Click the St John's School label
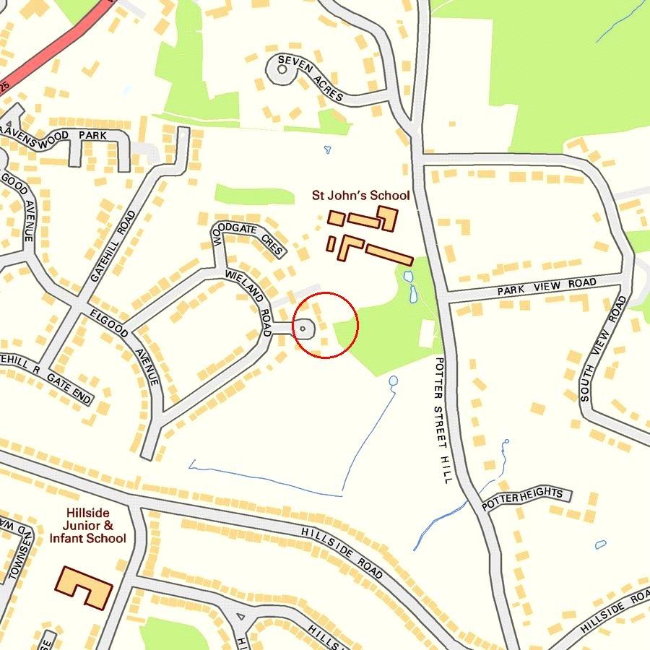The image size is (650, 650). pyautogui.click(x=360, y=195)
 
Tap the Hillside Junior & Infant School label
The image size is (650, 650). pyautogui.click(x=88, y=526)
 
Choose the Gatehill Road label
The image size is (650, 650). pyautogui.click(x=114, y=246)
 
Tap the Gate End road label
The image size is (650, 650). pyautogui.click(x=70, y=387)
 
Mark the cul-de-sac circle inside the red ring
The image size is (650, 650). pyautogui.click(x=303, y=329)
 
